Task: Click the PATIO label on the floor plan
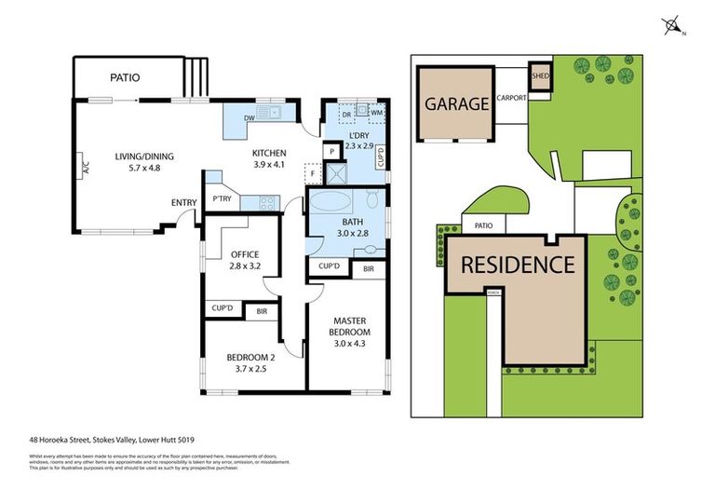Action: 124,77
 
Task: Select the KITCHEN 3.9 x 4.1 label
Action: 269,159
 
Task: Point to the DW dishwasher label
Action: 249,118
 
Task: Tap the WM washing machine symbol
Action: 377,113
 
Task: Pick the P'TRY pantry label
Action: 222,198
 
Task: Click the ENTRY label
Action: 183,202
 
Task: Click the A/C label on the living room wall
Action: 85,170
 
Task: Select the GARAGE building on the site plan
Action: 456,103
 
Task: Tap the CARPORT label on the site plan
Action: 512,98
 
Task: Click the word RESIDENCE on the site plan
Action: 518,264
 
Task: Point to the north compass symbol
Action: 671,26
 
